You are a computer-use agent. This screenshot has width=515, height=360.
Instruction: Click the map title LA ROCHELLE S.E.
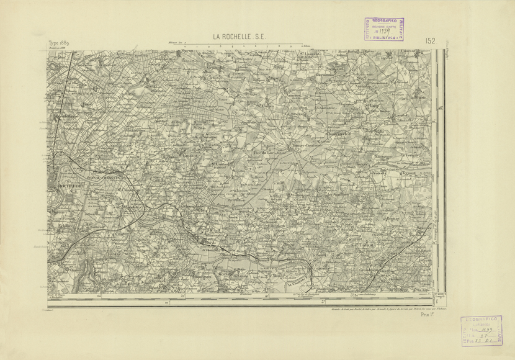pos(239,38)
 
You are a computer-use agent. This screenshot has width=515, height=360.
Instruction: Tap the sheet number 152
pos(430,41)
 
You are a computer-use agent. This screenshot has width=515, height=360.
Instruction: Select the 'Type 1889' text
pos(58,43)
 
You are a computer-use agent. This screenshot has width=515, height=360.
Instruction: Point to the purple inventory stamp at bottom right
pos(481,330)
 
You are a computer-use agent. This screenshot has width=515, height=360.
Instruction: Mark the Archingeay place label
pos(299,196)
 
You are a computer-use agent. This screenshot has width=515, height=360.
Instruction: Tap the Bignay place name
pos(393,218)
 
